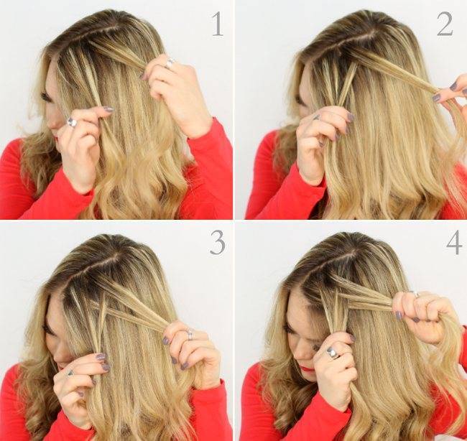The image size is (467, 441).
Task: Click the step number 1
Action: tap(218, 24)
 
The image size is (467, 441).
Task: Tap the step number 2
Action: tap(445, 24)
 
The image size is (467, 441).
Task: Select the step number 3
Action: tap(218, 242)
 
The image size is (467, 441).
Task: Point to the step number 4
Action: tap(454, 242)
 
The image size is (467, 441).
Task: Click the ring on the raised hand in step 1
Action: tap(170, 63)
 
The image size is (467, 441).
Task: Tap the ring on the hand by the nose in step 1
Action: tap(72, 122)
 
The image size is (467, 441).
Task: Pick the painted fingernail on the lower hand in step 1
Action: tap(108, 109)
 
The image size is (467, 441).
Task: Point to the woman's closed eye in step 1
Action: tap(46, 97)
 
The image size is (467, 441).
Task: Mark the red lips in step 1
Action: tap(56, 138)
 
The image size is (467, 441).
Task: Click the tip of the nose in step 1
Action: tap(50, 125)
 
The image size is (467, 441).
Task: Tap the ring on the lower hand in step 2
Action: tap(315, 117)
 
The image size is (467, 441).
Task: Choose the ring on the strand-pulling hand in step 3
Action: tap(188, 334)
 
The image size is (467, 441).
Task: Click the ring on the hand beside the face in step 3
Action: tap(70, 373)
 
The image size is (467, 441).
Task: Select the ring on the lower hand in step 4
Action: tap(333, 353)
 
